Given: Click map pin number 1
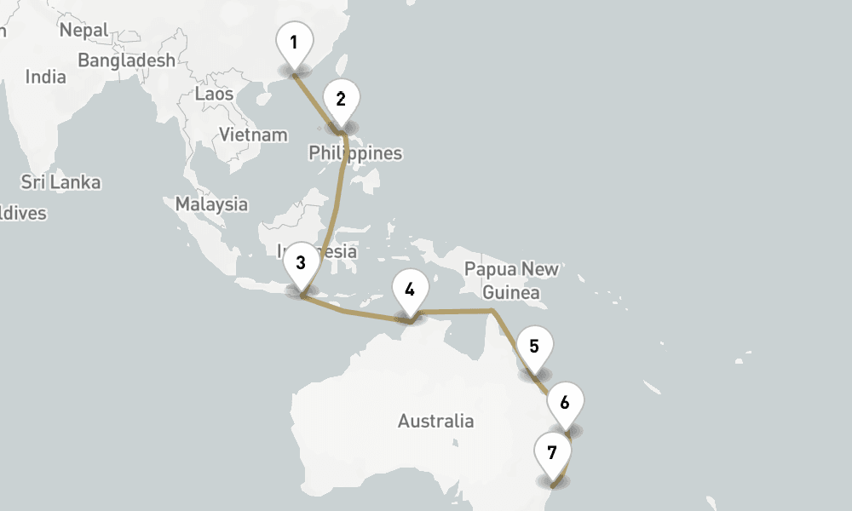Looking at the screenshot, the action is pos(294,43).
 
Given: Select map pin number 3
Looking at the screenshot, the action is pos(301,263).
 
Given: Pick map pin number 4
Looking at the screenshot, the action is pos(410,290).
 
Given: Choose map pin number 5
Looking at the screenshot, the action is pos(534,347).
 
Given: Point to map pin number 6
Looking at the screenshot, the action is pos(565,402).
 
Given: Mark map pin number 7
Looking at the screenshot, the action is pos(552,453).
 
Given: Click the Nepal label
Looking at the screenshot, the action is pos(83,31).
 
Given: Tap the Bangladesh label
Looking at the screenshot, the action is pos(126,60).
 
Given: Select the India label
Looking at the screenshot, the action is pos(45,77).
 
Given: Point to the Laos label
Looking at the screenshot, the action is pos(214,94).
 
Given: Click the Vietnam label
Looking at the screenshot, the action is pos(253,135).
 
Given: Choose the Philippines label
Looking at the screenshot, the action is pos(355,154).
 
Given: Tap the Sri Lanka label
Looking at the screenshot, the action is pos(60,182).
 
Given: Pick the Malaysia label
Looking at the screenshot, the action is pos(211,204).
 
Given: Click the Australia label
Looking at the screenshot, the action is pos(435,421).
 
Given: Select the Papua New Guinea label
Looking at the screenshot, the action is pos(511,281).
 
